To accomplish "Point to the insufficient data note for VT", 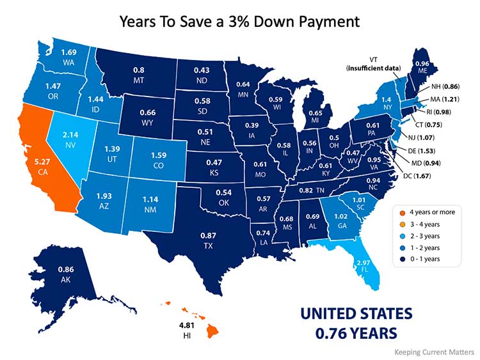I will (374, 67).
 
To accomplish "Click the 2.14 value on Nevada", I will (70, 136).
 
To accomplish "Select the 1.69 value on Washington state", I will (69, 52).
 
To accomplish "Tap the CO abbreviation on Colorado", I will (156, 165).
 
